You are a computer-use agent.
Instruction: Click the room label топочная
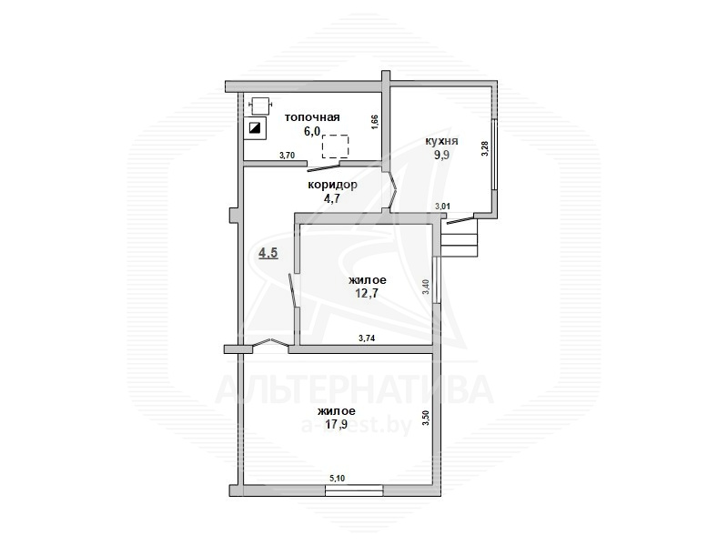click(312, 117)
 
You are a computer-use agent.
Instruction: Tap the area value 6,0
click(312, 131)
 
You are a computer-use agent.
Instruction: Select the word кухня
click(441, 141)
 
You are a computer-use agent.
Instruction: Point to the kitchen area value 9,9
click(441, 155)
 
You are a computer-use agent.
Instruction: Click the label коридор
click(332, 186)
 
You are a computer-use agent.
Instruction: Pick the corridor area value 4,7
click(332, 199)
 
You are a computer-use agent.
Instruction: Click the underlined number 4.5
click(268, 254)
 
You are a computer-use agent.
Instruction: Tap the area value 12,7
click(367, 293)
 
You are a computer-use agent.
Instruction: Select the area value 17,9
click(337, 424)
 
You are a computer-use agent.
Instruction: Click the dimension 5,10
click(337, 479)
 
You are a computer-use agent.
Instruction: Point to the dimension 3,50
click(425, 419)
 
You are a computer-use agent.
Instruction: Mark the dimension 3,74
click(367, 338)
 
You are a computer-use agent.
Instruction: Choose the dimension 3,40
click(425, 286)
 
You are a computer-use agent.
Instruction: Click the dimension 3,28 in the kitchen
click(485, 148)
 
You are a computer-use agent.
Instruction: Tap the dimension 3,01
click(441, 207)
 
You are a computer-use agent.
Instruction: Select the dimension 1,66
click(375, 123)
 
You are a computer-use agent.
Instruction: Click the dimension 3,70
click(287, 156)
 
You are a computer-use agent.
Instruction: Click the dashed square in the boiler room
click(335, 146)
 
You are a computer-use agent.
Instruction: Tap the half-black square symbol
click(255, 127)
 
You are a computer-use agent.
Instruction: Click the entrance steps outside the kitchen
click(460, 237)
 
